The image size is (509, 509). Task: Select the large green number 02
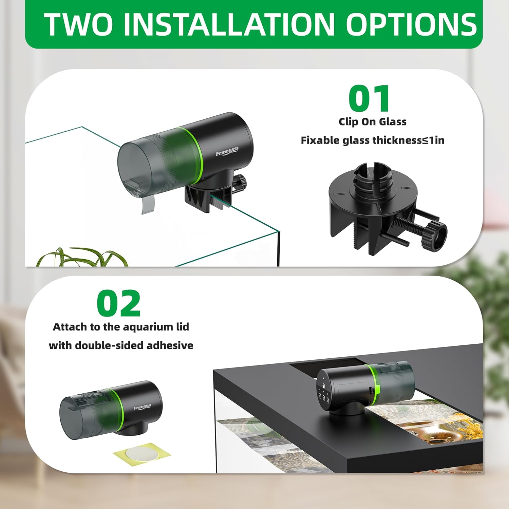pyautogui.click(x=118, y=303)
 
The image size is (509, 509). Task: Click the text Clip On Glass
pyautogui.click(x=372, y=121)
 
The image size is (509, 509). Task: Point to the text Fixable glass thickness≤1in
pyautogui.click(x=372, y=140)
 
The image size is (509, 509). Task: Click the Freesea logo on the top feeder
pyautogui.click(x=227, y=151)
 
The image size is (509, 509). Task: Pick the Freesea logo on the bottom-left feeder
pyautogui.click(x=143, y=407)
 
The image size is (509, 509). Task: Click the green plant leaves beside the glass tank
pyautogui.click(x=81, y=258)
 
